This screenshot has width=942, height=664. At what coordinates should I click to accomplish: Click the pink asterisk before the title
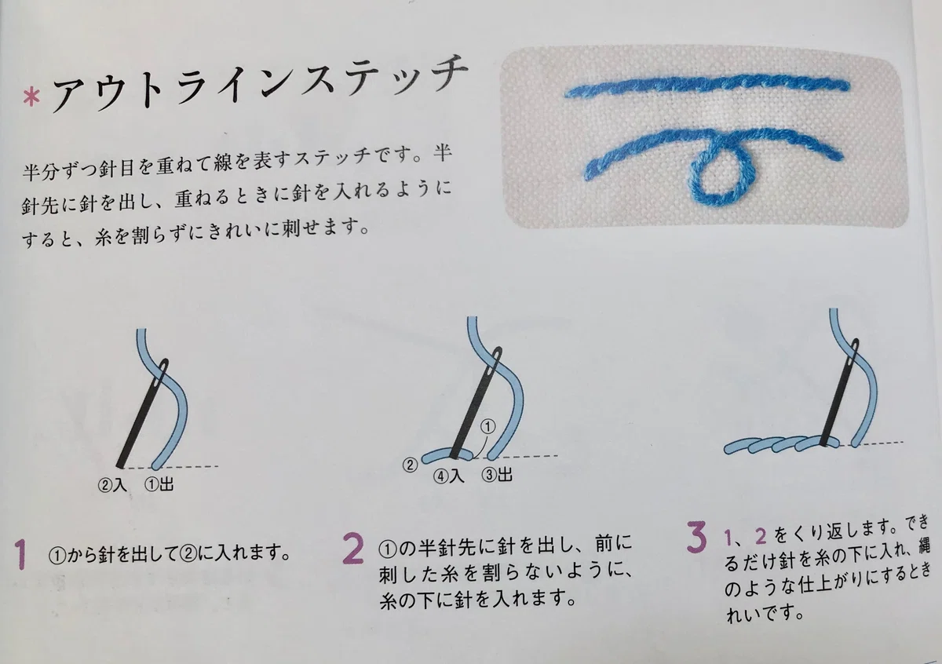coord(31,99)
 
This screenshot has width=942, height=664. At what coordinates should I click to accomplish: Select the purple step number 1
coord(20,554)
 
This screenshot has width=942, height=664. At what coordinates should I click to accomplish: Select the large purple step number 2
coord(352,549)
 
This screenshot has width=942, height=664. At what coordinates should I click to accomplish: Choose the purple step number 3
coord(696,537)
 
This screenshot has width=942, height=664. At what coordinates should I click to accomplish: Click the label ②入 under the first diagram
coord(111,485)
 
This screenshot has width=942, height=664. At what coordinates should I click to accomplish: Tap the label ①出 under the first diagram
coord(159,484)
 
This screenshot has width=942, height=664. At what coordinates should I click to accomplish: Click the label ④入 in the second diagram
coord(449,476)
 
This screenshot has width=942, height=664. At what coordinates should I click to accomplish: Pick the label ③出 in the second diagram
coord(497,475)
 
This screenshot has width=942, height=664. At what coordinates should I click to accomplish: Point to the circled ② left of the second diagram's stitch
coord(410,465)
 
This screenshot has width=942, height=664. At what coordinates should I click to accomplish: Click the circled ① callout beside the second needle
coord(487,427)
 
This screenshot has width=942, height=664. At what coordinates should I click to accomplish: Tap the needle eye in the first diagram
coord(162,369)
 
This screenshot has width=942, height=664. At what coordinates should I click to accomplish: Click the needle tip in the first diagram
coord(120,466)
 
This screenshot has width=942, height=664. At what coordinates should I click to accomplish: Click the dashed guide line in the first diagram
coord(173,467)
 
